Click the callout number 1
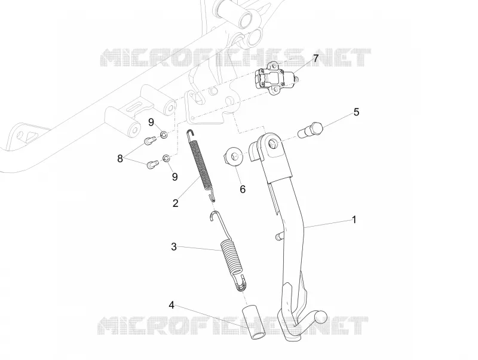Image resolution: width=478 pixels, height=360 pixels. click(354, 219)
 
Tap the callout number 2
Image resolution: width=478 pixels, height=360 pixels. click(175, 203)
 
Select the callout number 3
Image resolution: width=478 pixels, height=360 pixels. click(174, 246)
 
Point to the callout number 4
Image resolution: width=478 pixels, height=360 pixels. click(171, 305)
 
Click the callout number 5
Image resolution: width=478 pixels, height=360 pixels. click(356, 112)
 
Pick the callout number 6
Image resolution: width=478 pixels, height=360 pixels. click(243, 189)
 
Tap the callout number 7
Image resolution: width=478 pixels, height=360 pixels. click(315, 58)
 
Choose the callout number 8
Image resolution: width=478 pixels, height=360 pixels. click(120, 158)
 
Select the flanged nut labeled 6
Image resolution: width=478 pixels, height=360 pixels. click(234, 157)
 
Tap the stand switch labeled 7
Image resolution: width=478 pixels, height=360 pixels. click(274, 77)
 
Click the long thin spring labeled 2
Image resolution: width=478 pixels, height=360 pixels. click(201, 165)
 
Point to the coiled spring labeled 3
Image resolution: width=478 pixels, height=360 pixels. click(230, 252)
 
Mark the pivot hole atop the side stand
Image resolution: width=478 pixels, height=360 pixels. click(272, 142)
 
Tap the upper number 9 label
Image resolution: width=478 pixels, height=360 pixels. click(151, 123)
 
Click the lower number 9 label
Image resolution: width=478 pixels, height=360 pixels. click(174, 177)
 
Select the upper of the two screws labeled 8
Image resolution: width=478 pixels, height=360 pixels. click(149, 141)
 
